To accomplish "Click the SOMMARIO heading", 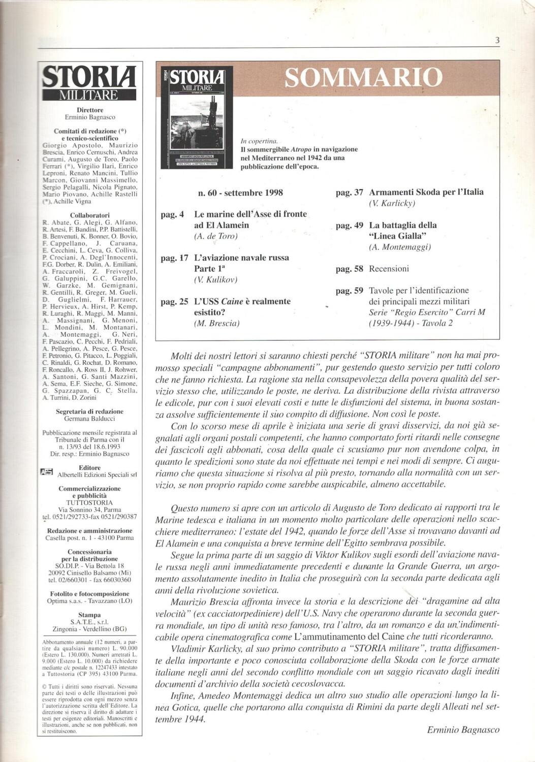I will [363, 78].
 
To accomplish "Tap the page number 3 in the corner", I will [497, 41].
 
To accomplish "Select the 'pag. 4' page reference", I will [172, 214].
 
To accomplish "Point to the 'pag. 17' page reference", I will [174, 258].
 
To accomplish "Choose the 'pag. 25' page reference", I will [174, 302].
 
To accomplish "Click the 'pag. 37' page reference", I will [350, 193].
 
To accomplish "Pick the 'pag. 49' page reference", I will [350, 226].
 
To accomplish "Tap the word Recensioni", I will [389, 269].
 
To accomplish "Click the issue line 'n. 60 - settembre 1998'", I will [240, 193].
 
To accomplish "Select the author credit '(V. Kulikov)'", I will [215, 279].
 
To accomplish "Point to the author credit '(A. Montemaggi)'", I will [400, 247].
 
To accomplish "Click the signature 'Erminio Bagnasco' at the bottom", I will [463, 730].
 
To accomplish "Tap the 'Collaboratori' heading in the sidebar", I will [90, 215].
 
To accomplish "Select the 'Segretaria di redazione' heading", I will [90, 411].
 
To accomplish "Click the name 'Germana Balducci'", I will [90, 419].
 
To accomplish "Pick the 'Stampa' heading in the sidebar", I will [90, 615].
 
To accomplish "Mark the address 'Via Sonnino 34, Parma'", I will [90, 510].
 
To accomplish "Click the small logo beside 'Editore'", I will [46, 471].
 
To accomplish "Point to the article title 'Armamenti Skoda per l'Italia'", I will [426, 193].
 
